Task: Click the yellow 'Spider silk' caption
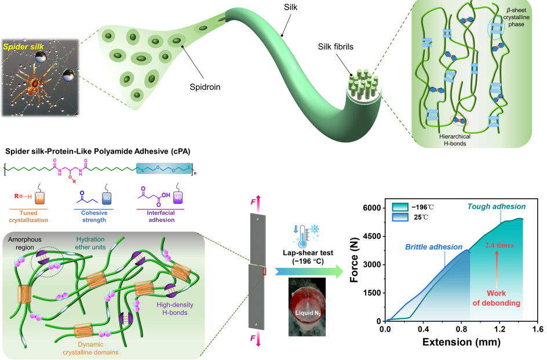(21, 46)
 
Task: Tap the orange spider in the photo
(35, 83)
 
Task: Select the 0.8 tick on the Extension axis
(461, 329)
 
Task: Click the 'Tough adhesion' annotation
(497, 206)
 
